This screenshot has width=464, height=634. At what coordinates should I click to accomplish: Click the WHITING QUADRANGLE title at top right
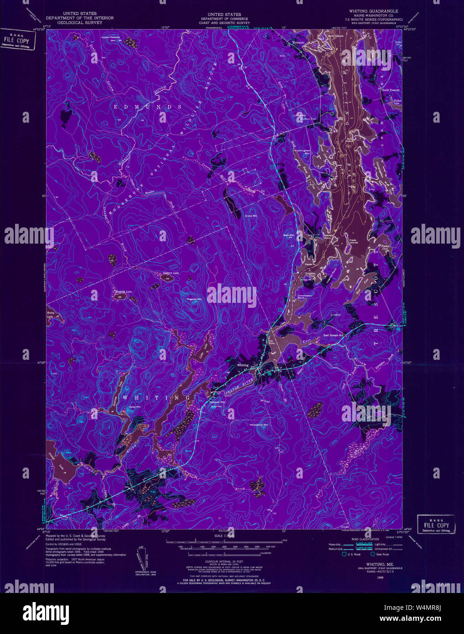pos(373,11)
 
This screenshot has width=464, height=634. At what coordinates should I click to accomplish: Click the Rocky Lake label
pos(50,314)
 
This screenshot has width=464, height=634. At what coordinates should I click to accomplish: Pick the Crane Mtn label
pos(251,216)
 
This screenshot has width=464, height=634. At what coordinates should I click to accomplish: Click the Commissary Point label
pos(305,296)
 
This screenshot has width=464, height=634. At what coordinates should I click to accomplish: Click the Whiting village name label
pos(243,365)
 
